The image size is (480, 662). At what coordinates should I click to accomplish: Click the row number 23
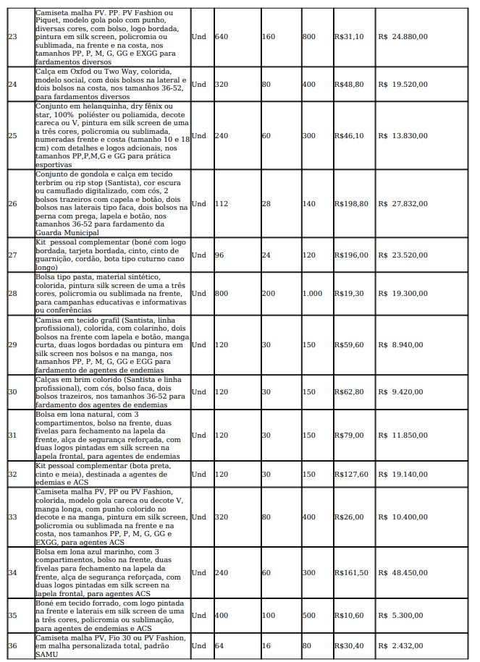(12, 35)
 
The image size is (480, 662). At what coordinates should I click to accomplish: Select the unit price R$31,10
(349, 35)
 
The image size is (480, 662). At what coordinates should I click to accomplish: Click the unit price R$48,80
(349, 84)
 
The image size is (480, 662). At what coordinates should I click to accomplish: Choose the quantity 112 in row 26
(222, 204)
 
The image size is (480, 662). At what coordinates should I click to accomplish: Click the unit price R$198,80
(351, 204)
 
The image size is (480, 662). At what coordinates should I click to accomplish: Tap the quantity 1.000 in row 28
(312, 293)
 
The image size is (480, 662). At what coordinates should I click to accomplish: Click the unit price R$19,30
(349, 293)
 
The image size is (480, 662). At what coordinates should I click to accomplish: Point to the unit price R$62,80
(349, 391)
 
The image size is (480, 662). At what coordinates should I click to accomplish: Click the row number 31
(12, 435)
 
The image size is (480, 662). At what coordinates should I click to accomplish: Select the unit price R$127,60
(351, 474)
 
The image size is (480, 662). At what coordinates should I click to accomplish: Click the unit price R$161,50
(351, 572)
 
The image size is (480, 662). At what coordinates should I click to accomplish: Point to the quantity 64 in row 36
(219, 645)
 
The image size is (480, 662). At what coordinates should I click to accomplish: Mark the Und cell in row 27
(198, 255)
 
